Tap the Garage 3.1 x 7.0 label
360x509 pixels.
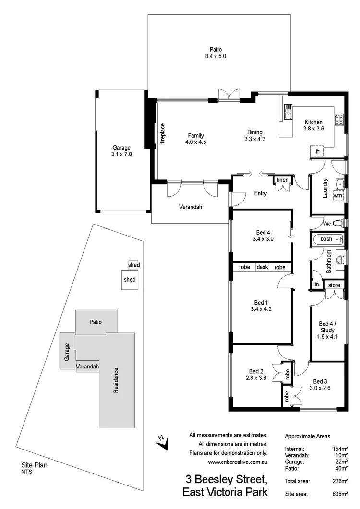tap(121, 151)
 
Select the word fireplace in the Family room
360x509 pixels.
tap(163, 134)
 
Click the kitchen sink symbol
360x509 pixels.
tap(288, 112)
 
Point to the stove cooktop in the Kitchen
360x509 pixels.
tap(339, 119)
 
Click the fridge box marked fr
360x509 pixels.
tap(317, 151)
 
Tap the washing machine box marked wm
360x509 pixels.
tap(338, 195)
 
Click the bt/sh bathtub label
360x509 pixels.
tap(326, 238)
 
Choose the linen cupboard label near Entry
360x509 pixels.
tap(282, 180)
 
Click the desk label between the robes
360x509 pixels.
tap(262, 267)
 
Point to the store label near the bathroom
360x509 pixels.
tap(334, 285)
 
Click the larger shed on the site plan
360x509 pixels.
tap(130, 279)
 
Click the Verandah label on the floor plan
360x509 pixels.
tap(191, 207)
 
